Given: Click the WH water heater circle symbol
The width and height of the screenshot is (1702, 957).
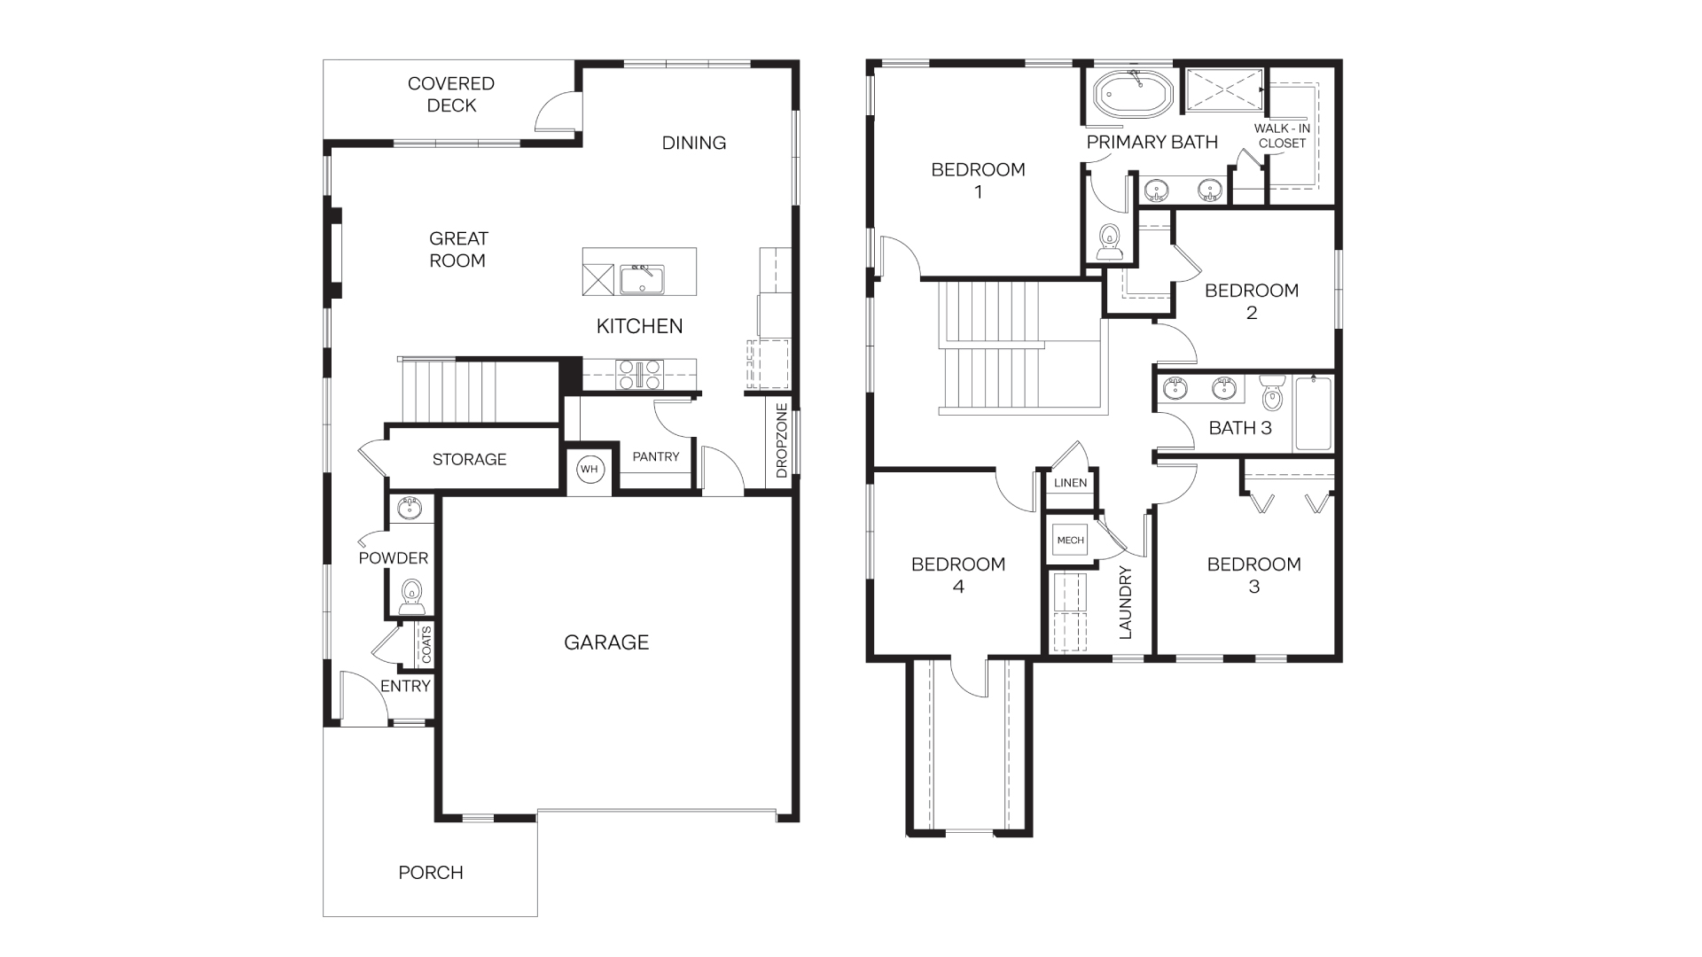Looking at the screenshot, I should click(x=589, y=470).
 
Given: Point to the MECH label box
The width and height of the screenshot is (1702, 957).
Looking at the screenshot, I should click(x=1070, y=540).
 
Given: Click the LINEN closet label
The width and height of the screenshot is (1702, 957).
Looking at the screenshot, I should click(x=1070, y=483).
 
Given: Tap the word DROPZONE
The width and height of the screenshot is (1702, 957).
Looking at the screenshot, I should click(x=781, y=441).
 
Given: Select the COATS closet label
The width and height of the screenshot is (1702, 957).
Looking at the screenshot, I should click(x=426, y=645).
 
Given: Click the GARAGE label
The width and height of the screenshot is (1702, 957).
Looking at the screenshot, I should click(x=606, y=642).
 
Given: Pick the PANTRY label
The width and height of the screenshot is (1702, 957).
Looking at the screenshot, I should click(x=655, y=456).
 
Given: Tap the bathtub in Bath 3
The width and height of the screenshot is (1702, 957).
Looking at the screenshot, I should click(x=1312, y=413).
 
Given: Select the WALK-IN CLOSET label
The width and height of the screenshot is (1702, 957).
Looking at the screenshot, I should click(x=1282, y=136).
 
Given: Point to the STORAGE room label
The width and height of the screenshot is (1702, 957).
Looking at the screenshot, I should click(x=469, y=459).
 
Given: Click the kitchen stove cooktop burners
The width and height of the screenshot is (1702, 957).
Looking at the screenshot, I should click(x=640, y=373).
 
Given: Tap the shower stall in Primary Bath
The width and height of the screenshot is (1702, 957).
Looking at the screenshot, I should click(x=1223, y=90).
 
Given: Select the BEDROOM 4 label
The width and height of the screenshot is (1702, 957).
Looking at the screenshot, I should click(x=958, y=574).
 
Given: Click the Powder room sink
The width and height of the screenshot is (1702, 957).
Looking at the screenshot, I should click(x=410, y=510).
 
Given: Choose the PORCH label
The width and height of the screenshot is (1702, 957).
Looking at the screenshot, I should click(x=431, y=872).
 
